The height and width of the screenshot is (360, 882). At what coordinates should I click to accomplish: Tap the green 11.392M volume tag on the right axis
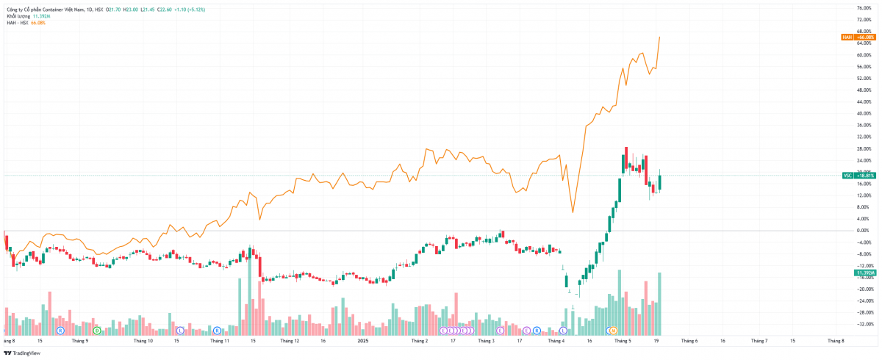point(864,273)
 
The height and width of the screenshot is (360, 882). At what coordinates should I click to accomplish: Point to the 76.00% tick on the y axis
point(864,8)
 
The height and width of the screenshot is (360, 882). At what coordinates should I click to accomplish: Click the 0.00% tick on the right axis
point(864,231)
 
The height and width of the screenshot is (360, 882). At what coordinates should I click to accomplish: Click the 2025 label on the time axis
point(362,341)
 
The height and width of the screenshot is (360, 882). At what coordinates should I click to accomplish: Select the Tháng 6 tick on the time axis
point(689,341)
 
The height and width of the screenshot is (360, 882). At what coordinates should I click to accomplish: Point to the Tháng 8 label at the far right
point(836,341)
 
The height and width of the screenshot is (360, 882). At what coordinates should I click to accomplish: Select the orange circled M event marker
point(612,331)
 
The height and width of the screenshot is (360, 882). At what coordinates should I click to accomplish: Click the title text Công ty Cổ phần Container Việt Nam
point(45,8)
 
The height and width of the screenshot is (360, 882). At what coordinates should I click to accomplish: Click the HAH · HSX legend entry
point(18,23)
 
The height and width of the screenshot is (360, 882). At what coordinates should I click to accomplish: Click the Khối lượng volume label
point(18,15)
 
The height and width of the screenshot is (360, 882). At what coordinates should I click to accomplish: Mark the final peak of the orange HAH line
point(659,37)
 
